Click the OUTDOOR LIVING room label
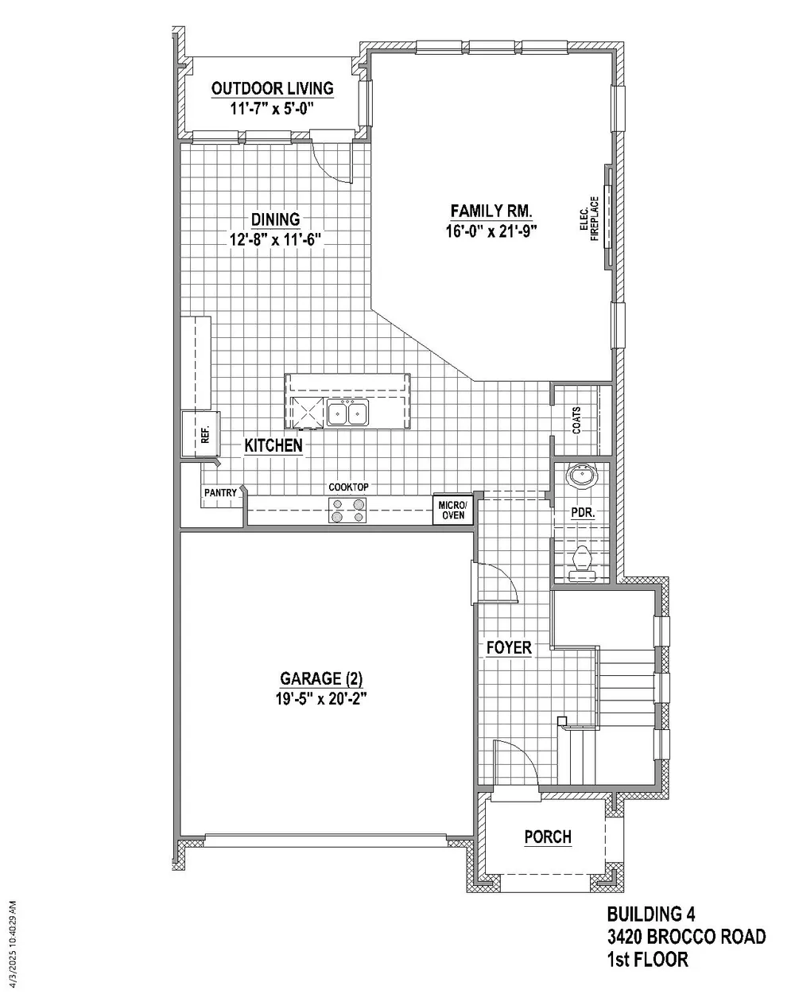272,88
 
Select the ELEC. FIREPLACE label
589,219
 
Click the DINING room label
275,219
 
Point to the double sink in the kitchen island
348,412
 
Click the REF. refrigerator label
206,434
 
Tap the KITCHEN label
273,446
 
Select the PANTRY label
220,492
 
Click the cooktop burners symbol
347,511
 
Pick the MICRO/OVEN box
453,510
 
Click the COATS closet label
576,421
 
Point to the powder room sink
581,476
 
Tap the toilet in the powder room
582,564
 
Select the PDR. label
583,512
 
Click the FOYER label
509,647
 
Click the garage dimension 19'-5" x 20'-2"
321,699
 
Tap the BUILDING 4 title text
651,914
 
